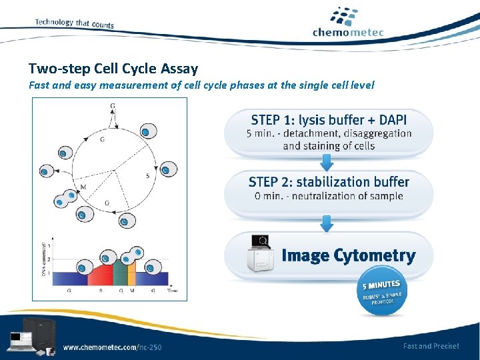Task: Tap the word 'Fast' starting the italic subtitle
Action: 39,85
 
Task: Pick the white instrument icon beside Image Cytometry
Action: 261,255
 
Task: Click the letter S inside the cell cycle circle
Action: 147,176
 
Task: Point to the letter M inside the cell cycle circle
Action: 83,187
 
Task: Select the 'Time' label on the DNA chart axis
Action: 172,291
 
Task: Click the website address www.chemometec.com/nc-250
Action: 112,347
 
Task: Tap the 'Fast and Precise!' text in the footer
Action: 431,346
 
